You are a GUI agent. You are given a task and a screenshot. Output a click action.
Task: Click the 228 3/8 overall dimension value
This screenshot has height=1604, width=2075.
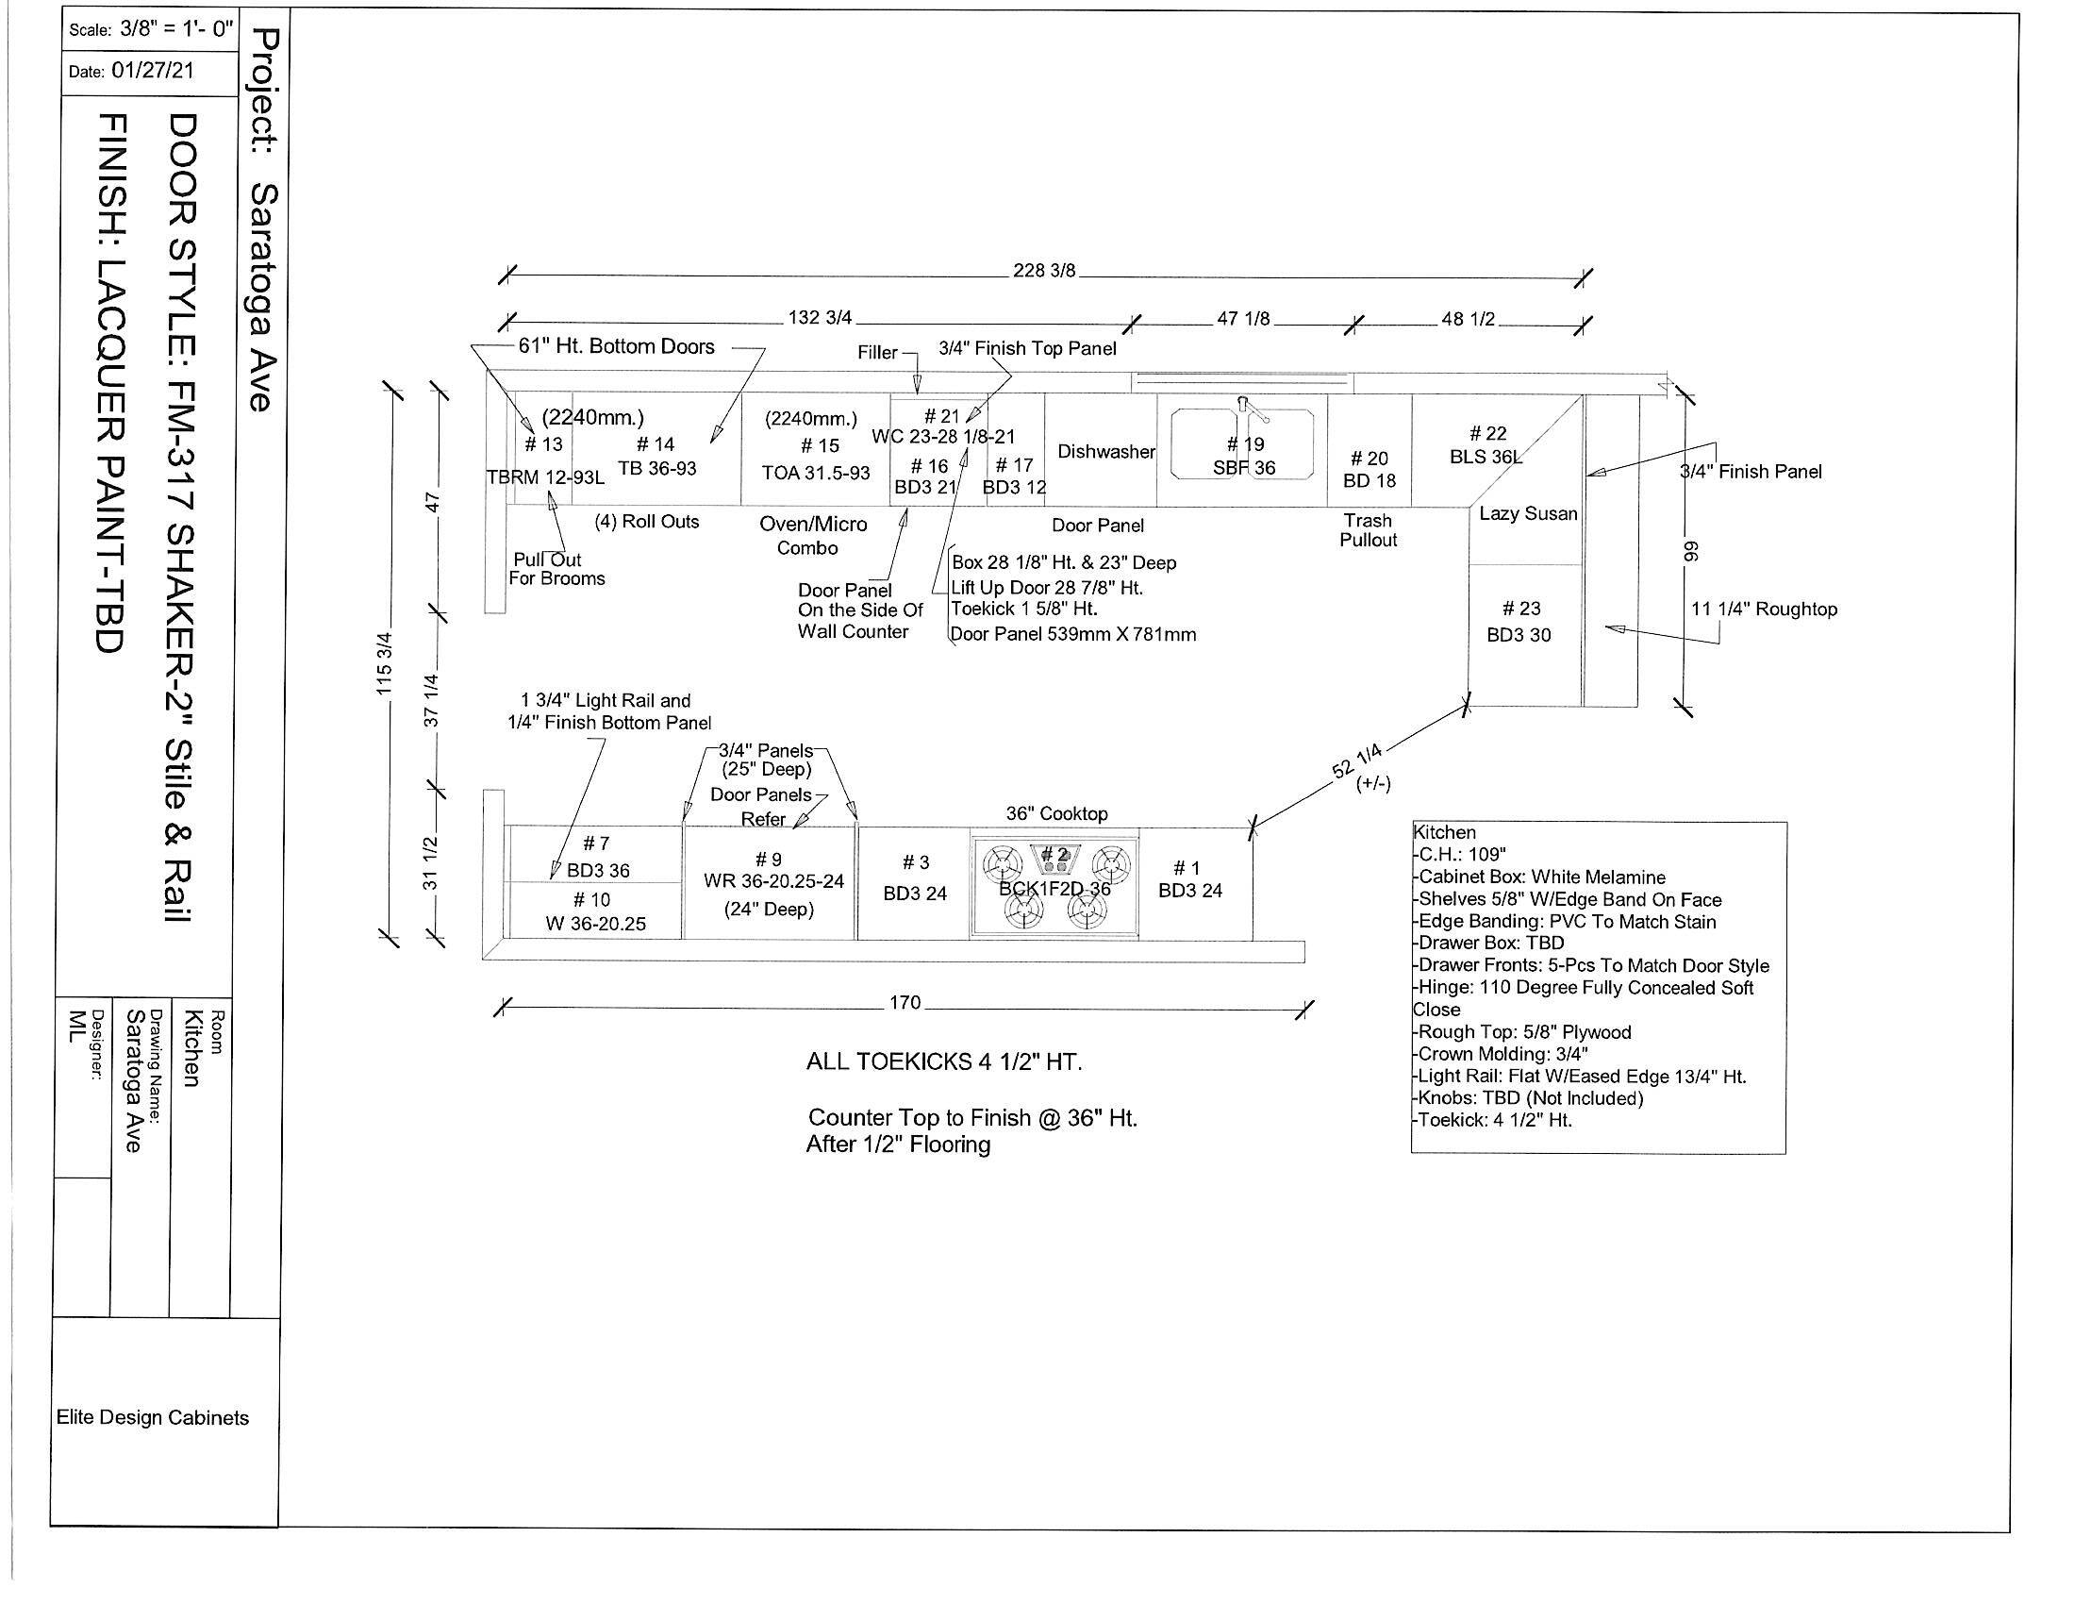click(1043, 271)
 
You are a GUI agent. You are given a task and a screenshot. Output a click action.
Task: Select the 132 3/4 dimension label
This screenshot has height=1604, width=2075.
click(819, 317)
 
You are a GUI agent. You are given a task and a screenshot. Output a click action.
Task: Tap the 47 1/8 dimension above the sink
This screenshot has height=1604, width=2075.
click(1243, 319)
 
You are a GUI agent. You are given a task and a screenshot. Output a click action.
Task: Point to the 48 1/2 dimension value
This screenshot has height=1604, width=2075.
click(1468, 319)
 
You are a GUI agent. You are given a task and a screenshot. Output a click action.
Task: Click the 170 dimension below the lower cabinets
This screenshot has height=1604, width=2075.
click(905, 1002)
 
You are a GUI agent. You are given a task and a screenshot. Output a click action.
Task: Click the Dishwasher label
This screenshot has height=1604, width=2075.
click(1106, 452)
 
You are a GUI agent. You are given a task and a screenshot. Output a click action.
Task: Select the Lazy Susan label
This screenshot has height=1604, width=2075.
click(1528, 514)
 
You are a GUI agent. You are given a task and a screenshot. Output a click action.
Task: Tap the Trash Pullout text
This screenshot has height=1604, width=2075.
click(1369, 530)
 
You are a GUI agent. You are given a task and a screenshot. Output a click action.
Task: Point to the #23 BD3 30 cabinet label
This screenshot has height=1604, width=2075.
click(1519, 622)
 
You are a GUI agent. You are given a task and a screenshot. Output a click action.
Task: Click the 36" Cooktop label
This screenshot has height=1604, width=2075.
click(1056, 814)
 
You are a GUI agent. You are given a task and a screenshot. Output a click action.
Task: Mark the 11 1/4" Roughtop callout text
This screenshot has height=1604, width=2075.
click(1764, 610)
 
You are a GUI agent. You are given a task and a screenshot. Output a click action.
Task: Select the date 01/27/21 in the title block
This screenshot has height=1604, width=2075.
click(152, 72)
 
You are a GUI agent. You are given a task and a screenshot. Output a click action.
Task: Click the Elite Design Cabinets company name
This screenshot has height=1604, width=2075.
click(152, 1418)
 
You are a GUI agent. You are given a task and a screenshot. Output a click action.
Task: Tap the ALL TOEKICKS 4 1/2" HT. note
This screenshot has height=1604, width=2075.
click(943, 1062)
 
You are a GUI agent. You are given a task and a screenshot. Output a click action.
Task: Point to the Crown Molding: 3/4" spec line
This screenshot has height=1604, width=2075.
click(1502, 1054)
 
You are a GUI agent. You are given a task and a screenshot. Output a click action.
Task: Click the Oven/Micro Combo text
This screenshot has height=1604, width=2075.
click(812, 536)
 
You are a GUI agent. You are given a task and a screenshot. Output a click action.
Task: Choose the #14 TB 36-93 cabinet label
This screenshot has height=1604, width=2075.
click(656, 456)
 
